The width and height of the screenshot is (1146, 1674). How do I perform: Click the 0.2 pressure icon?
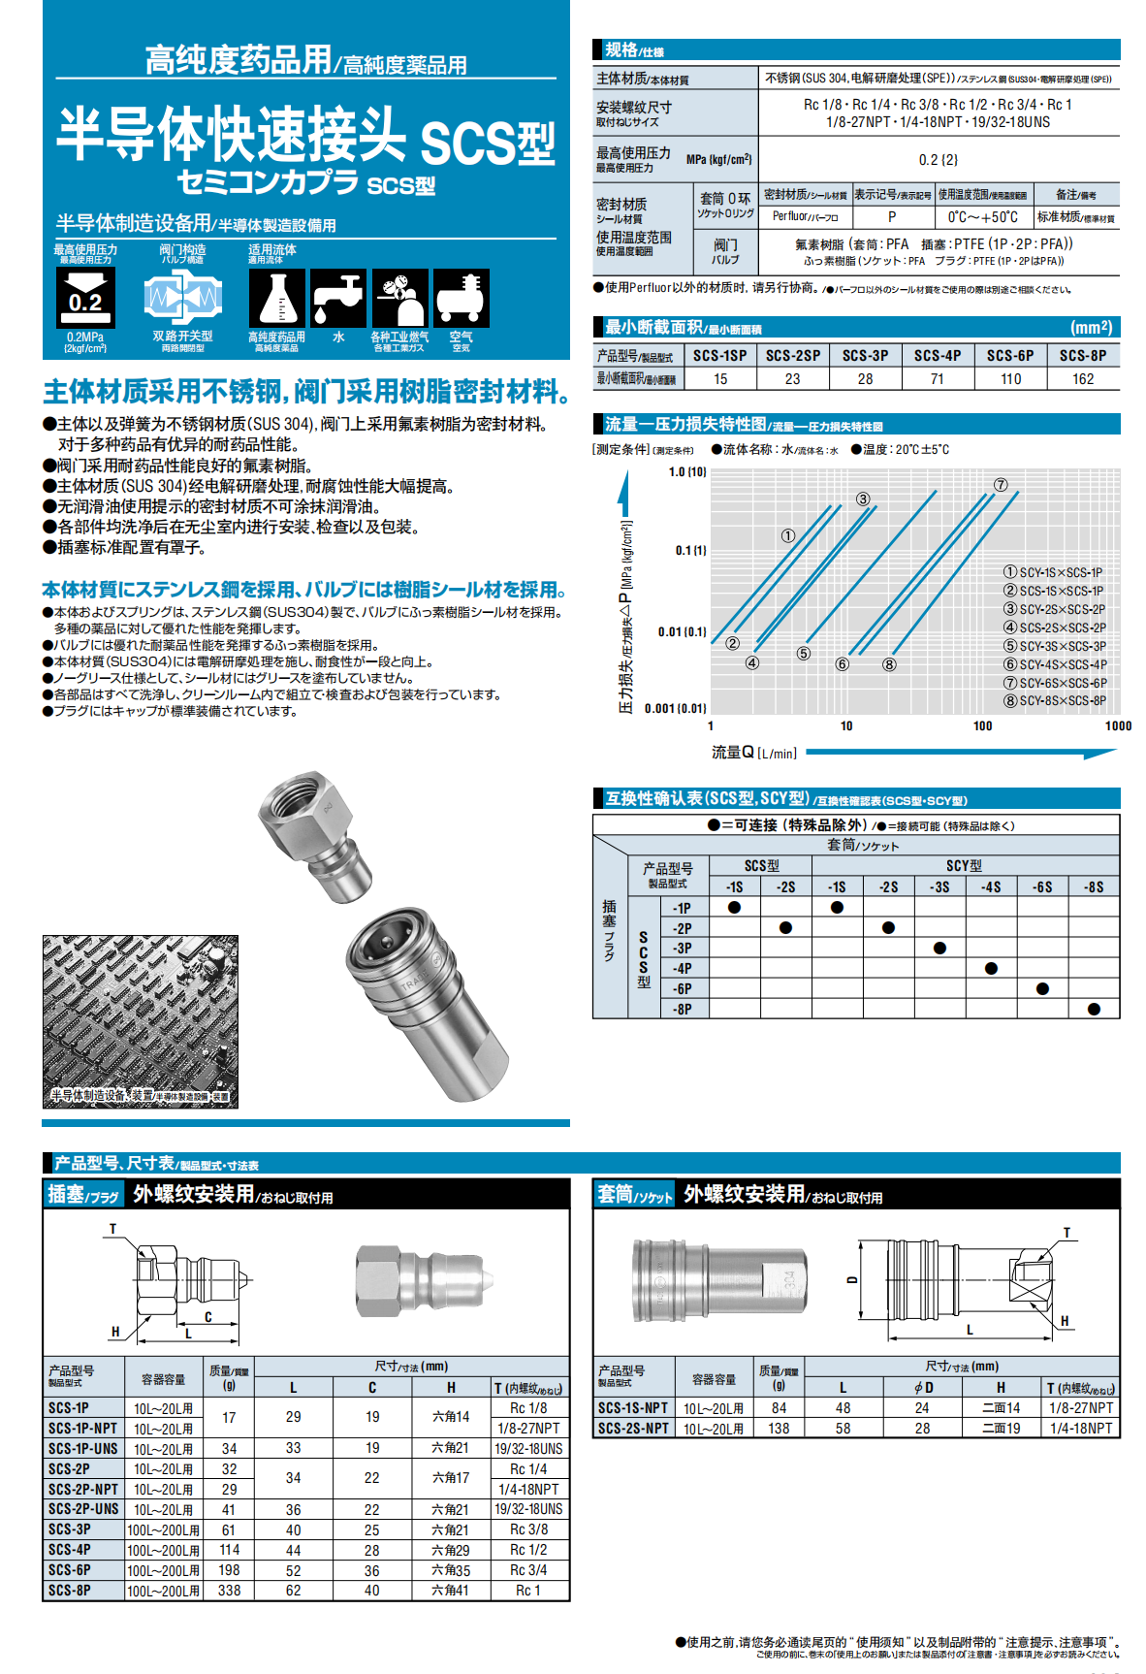(x=85, y=298)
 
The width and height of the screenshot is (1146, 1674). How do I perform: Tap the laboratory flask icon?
(x=277, y=298)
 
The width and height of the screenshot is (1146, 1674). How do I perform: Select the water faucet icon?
(x=337, y=298)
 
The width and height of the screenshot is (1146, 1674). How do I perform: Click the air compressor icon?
(x=461, y=298)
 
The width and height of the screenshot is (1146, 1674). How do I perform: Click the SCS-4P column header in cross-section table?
(x=937, y=356)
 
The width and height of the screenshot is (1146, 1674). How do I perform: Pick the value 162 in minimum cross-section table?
(x=1083, y=379)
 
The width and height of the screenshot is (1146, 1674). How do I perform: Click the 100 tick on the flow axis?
(x=982, y=725)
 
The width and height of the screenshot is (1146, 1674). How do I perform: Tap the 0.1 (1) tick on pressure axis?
(x=690, y=551)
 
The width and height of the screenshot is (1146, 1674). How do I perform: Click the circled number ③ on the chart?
(x=863, y=499)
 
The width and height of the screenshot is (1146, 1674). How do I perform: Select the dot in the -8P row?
(x=1094, y=1009)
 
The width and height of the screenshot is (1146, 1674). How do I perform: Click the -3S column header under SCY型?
(x=939, y=886)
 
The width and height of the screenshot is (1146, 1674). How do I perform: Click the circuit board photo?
(x=140, y=1018)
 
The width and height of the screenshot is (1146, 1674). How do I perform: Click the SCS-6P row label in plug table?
(x=70, y=1569)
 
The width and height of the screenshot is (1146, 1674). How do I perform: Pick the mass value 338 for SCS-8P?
(x=229, y=1591)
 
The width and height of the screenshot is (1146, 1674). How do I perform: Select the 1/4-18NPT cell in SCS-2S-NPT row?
(x=1080, y=1429)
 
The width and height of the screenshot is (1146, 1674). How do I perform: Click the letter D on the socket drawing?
(x=852, y=1279)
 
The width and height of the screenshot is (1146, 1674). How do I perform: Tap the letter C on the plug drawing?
(x=207, y=1316)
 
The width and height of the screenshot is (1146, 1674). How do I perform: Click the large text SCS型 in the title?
(x=488, y=144)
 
